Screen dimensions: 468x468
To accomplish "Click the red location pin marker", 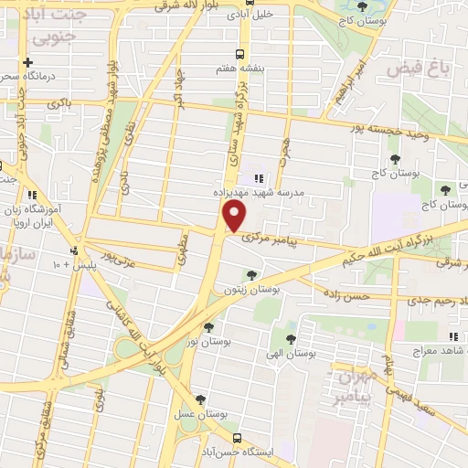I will point(235,217).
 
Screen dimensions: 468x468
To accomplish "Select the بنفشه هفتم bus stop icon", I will point(239,53).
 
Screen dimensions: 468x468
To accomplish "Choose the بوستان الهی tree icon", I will point(291,338).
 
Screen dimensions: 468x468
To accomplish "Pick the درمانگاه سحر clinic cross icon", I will point(29,62).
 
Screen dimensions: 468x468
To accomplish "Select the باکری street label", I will point(59,105).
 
